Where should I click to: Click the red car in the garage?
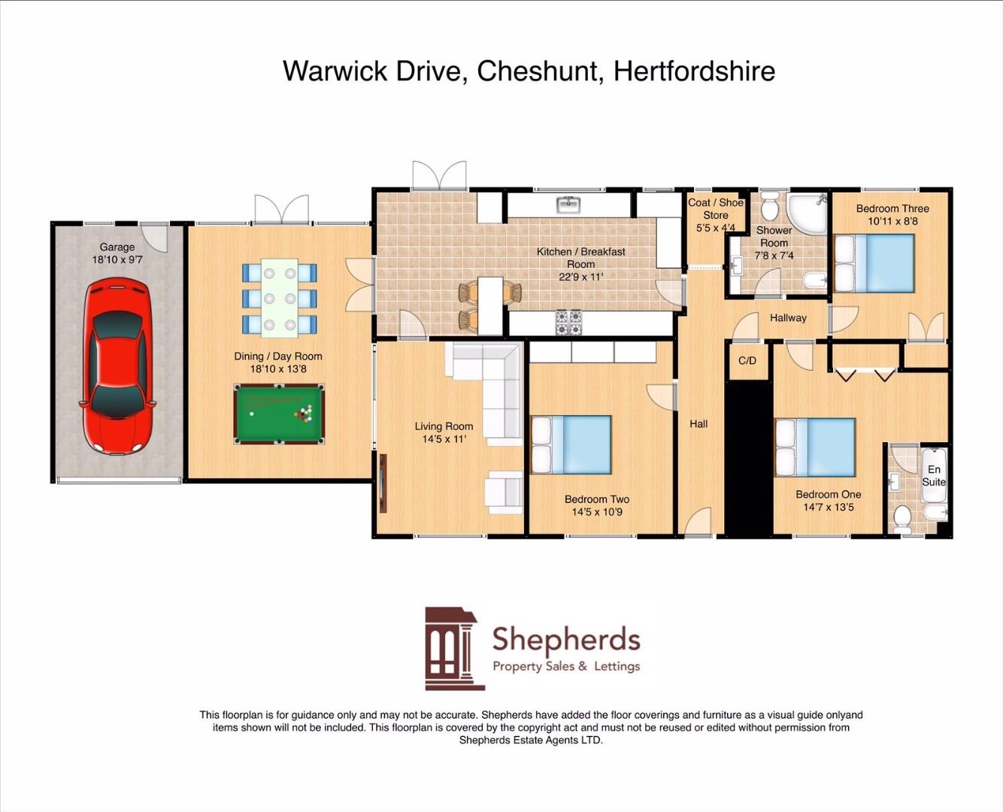pyautogui.click(x=117, y=366)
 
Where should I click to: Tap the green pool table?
pyautogui.click(x=279, y=414)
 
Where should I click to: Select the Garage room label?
pyautogui.click(x=117, y=247)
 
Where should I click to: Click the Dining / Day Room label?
pyautogui.click(x=278, y=356)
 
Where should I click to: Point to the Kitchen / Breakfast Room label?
pyautogui.click(x=580, y=257)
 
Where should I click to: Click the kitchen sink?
pyautogui.click(x=568, y=204)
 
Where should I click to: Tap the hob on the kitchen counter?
pyautogui.click(x=568, y=322)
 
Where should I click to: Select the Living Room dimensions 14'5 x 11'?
pyautogui.click(x=444, y=439)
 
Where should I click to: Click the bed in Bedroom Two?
pyautogui.click(x=571, y=444)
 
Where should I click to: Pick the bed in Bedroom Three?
pyautogui.click(x=874, y=263)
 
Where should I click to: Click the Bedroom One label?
pyautogui.click(x=829, y=494)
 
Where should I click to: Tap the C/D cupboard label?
pyautogui.click(x=747, y=361)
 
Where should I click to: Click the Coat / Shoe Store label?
pyautogui.click(x=716, y=208)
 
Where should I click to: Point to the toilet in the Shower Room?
pyautogui.click(x=770, y=205)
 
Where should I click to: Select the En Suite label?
pyautogui.click(x=934, y=475)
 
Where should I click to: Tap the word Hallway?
pyautogui.click(x=788, y=318)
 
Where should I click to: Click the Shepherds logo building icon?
pyautogui.click(x=452, y=648)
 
